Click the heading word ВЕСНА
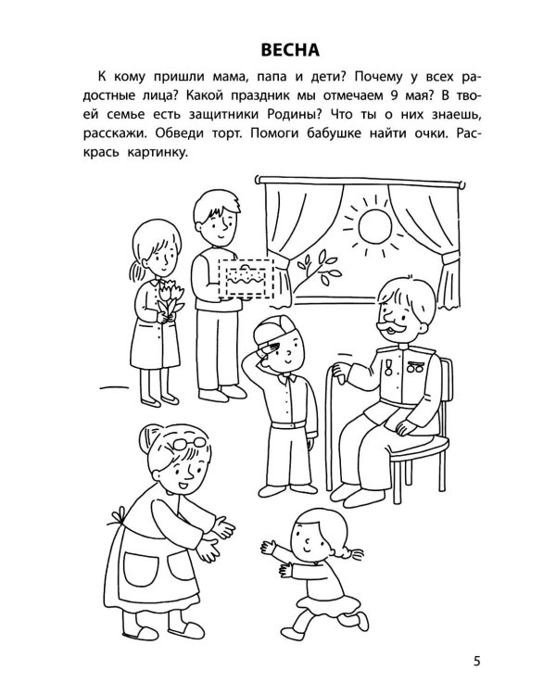[x=290, y=50]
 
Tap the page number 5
[x=476, y=662]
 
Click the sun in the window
[x=375, y=226]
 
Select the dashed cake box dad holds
[x=246, y=278]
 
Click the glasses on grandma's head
[x=189, y=443]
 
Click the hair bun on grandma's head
[x=148, y=437]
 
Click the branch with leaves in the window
[x=316, y=272]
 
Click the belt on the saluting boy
[x=288, y=424]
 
